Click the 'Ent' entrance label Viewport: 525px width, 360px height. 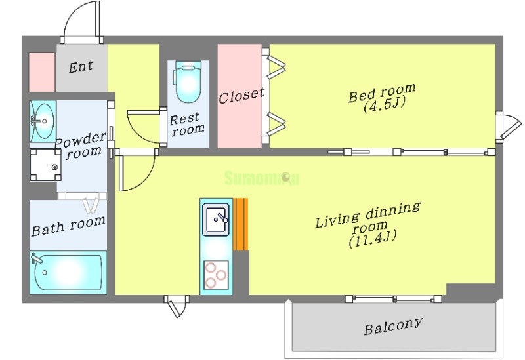[80, 67]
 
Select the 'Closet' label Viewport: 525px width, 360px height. [241, 96]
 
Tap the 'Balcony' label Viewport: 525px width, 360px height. [392, 326]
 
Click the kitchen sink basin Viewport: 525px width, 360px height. [216, 221]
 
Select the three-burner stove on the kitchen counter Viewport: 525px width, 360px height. [216, 274]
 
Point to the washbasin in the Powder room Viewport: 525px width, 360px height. [43, 121]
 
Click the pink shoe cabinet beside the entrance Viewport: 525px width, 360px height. [41, 71]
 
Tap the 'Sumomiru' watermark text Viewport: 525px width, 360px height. [261, 178]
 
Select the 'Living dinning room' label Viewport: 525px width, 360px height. [367, 219]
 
